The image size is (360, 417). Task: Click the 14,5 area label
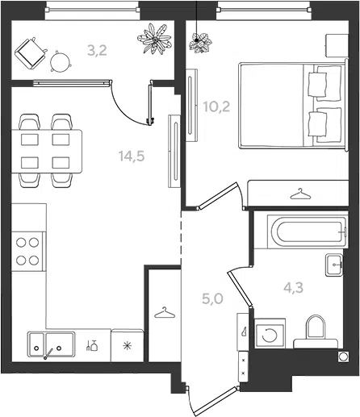click(x=132, y=156)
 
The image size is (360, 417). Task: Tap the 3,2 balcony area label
click(x=97, y=50)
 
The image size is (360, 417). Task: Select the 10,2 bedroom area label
click(x=216, y=107)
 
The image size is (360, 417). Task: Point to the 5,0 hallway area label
click(x=212, y=298)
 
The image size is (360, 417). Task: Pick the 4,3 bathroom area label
click(x=293, y=288)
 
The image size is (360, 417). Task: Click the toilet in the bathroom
click(x=316, y=332)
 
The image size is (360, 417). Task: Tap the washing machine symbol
click(x=270, y=334)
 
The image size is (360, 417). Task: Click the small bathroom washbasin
click(x=334, y=265)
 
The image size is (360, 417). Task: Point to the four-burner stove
click(x=28, y=252)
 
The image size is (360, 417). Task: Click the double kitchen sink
click(x=51, y=344)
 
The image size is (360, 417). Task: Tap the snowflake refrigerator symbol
click(x=127, y=345)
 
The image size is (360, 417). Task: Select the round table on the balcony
click(x=61, y=62)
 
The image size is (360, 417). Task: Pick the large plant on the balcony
click(x=155, y=39)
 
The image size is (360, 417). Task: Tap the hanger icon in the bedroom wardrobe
click(x=300, y=194)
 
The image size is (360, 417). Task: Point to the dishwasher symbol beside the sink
click(x=92, y=346)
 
